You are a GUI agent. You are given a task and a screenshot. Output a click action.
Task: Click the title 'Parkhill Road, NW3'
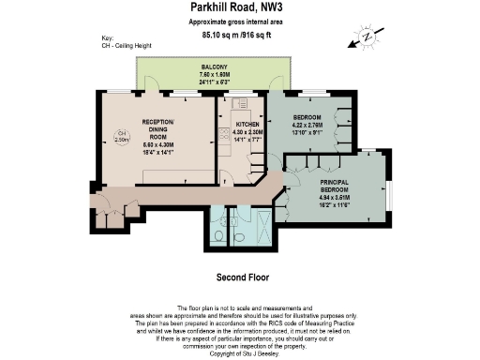point(239,7)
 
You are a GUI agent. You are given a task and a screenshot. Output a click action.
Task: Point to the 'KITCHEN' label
point(247,124)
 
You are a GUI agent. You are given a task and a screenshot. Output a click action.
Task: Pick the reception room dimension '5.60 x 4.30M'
point(155,142)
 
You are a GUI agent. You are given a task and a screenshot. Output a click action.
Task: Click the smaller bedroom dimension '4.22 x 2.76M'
point(307,125)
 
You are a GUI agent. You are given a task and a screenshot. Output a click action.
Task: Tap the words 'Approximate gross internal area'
point(239,22)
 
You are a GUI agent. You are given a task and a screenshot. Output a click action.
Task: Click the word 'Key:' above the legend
point(107,38)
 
